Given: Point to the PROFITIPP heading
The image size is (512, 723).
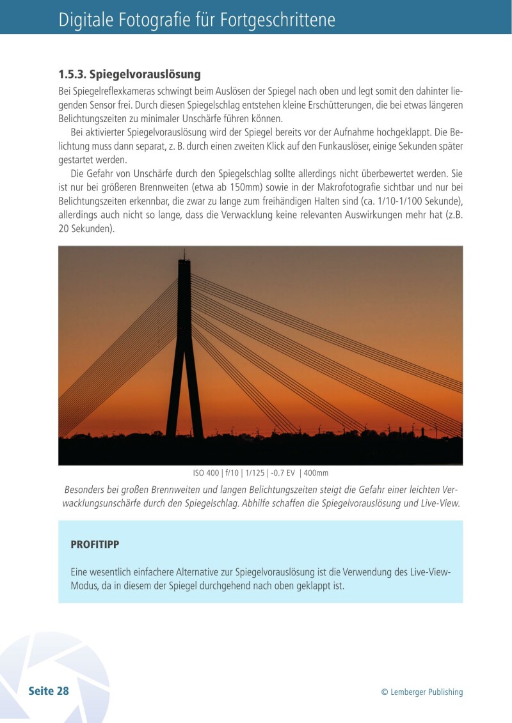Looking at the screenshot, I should [95, 545].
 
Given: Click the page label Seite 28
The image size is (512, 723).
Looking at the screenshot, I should [49, 691].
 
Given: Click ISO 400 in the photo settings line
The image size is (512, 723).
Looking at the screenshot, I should [206, 473].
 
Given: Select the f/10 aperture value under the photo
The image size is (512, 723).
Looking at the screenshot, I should [234, 473].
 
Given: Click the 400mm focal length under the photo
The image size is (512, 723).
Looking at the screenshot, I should [316, 473].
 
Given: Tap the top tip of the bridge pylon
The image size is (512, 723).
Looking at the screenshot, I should [184, 253].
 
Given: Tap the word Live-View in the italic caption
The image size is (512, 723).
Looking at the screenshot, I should [440, 503].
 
